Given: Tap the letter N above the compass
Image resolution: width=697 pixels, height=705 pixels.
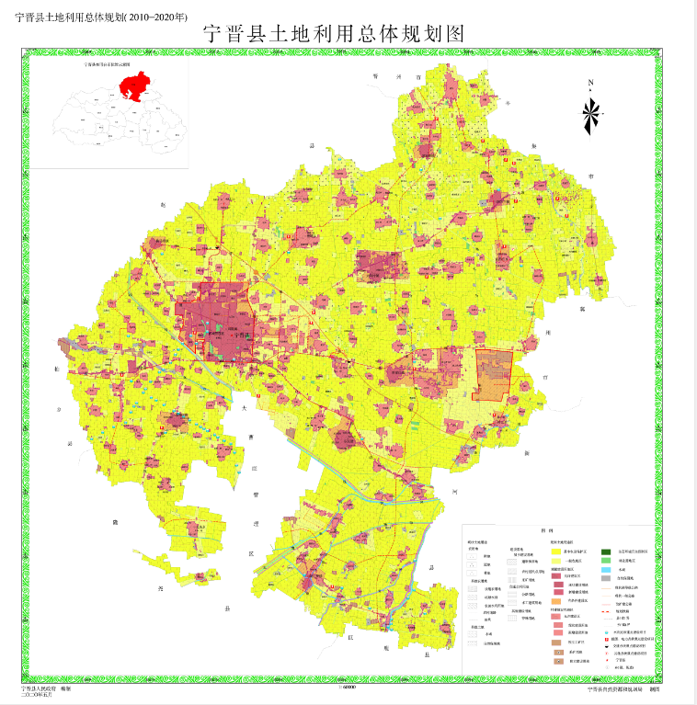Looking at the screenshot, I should point(590,84).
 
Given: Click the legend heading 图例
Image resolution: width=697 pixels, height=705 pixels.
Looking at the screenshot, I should point(545,531).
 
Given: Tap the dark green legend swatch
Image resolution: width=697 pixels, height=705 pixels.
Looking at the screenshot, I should point(607,552).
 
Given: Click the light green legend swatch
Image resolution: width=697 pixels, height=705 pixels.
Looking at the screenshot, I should point(607,561).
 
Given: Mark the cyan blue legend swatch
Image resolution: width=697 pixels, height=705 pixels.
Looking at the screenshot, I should point(607,570).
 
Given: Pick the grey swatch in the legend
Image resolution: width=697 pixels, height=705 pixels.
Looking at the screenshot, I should point(607,578).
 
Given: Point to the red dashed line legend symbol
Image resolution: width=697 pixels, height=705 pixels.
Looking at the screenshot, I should point(607,611).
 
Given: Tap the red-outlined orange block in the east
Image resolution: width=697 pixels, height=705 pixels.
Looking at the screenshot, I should point(493,375).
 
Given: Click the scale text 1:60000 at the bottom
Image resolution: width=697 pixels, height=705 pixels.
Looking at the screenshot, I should point(348,687).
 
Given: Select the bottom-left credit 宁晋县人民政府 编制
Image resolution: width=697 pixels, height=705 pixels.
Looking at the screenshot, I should point(53,687).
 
